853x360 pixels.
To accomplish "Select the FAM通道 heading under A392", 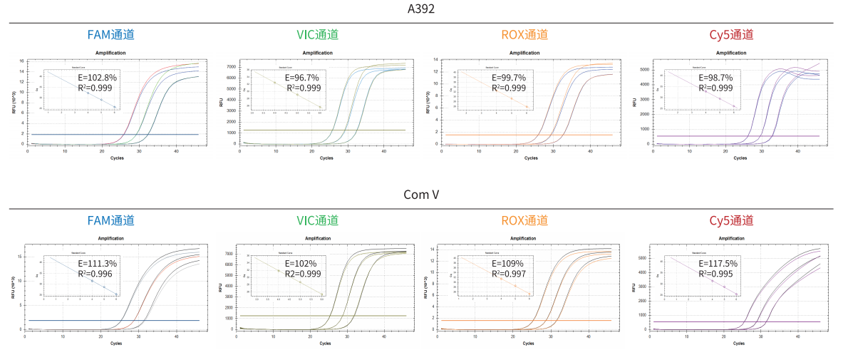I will coord(110,35).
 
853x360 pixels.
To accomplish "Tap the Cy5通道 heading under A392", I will coord(731,35).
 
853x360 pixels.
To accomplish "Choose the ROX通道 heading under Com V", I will coord(524,220).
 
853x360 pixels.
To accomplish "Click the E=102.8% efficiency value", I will coord(98,76).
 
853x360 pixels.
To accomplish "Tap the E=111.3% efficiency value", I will coord(98,264).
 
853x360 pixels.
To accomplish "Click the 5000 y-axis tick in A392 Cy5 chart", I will coord(644,70).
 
